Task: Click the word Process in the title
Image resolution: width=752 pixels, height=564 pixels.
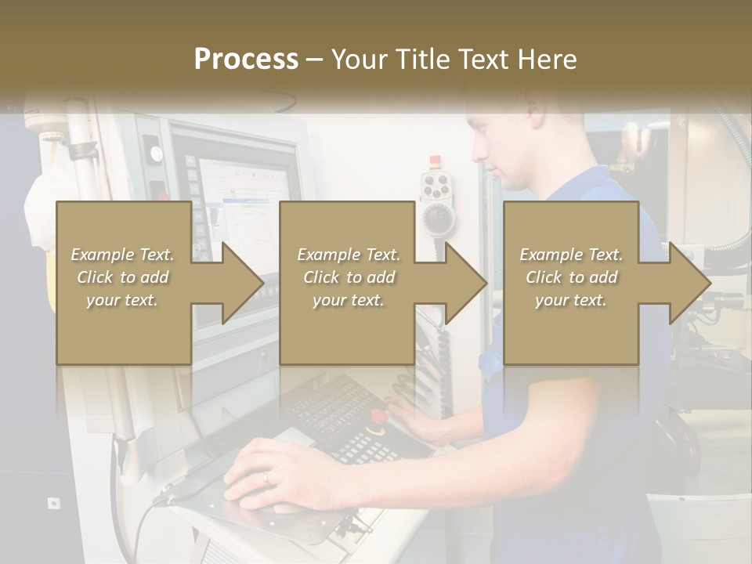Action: click(x=246, y=60)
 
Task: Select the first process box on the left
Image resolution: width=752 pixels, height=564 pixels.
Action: click(x=123, y=283)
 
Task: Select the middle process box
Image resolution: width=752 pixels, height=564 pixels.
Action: click(x=347, y=283)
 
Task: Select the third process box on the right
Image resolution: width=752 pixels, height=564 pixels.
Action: click(x=570, y=283)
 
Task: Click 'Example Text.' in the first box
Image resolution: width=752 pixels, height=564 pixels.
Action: click(x=122, y=255)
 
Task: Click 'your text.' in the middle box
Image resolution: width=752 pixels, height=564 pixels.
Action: click(x=349, y=301)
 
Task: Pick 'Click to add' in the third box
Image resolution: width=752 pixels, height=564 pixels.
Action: click(x=571, y=277)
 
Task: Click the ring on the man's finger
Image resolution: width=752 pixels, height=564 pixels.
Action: click(x=266, y=476)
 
